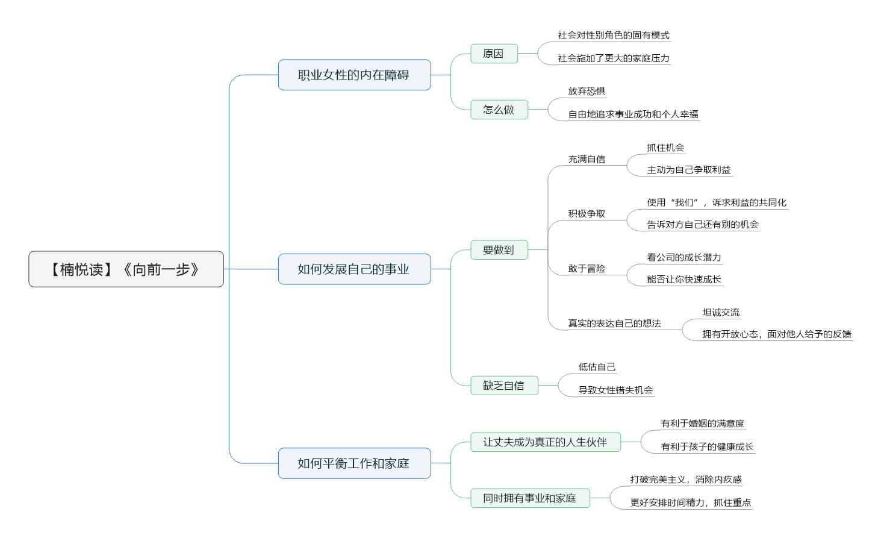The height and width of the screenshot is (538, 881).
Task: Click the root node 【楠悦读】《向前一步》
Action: (126, 269)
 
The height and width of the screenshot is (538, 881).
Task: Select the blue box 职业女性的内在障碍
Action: (354, 75)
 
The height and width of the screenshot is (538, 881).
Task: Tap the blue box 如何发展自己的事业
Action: (354, 269)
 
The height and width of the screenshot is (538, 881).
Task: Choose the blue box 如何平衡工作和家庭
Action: (354, 463)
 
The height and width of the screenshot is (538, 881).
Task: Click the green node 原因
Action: (494, 54)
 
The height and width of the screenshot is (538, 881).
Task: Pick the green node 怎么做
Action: (499, 110)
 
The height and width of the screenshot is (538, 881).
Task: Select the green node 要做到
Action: (499, 250)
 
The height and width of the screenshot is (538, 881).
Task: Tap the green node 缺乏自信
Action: (504, 386)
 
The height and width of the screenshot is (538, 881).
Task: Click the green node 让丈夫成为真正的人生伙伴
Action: (546, 442)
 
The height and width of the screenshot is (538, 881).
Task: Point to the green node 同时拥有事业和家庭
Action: (530, 498)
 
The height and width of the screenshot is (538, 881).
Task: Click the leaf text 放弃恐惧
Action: (587, 92)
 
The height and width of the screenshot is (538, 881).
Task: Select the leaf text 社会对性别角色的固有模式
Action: (614, 36)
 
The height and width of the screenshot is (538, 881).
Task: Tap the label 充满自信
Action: (587, 159)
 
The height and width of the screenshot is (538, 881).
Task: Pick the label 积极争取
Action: (587, 214)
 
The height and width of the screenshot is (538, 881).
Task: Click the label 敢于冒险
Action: (587, 269)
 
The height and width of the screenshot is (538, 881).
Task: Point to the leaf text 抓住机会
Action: (665, 148)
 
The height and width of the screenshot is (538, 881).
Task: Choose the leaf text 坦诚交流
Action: (721, 313)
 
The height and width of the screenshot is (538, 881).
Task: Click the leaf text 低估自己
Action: (597, 367)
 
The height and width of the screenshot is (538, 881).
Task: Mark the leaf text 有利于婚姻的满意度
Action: (702, 424)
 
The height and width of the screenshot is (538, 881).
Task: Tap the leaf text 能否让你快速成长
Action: (684, 280)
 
